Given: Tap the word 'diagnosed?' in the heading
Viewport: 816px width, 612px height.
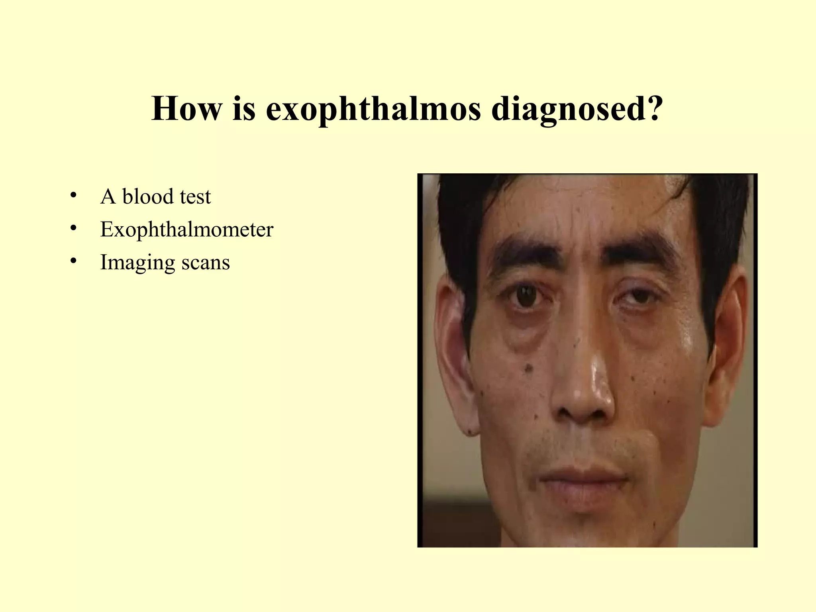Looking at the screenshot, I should tap(577, 109).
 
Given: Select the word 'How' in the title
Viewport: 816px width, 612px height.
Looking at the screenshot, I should tap(186, 109).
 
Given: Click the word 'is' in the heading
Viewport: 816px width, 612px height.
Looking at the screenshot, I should tap(243, 109).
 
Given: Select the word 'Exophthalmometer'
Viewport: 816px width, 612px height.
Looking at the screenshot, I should tap(186, 229).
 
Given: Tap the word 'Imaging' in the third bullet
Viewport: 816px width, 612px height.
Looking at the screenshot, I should tap(137, 263).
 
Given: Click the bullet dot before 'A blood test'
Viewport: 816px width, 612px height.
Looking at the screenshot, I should tap(73, 195).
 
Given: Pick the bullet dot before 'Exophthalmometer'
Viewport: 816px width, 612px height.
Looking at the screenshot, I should tap(73, 228).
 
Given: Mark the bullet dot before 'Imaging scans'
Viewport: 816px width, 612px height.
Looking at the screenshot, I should tap(73, 261).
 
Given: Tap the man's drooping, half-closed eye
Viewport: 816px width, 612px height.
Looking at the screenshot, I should tap(637, 297).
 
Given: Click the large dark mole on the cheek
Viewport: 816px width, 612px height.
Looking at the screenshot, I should tap(529, 367).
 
